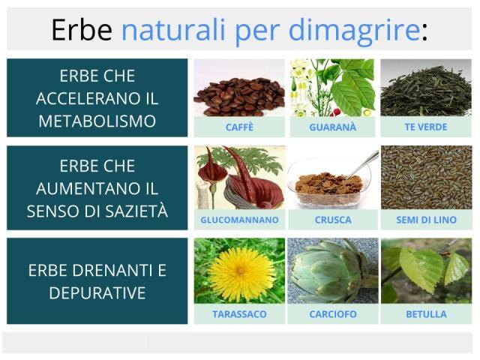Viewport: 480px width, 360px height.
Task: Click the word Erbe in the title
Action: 82,30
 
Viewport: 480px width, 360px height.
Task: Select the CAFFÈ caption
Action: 239,127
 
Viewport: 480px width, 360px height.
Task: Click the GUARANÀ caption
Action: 333,127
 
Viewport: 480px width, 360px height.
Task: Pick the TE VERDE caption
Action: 426,127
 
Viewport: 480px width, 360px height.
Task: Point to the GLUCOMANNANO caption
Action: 239,220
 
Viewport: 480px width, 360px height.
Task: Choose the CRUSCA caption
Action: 333,220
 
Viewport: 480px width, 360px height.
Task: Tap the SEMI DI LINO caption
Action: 426,220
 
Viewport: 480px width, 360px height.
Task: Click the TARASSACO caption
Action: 239,314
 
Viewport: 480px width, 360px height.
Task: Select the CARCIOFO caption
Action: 333,314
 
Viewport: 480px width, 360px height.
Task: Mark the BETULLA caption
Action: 426,314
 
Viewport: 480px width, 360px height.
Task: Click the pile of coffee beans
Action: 239,97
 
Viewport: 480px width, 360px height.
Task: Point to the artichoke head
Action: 329,271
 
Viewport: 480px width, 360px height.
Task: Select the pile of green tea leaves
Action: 426,91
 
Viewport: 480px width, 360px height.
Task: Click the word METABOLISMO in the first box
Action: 97,121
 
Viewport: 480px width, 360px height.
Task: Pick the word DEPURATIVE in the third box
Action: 97,293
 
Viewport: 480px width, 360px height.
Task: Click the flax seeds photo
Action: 427,178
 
